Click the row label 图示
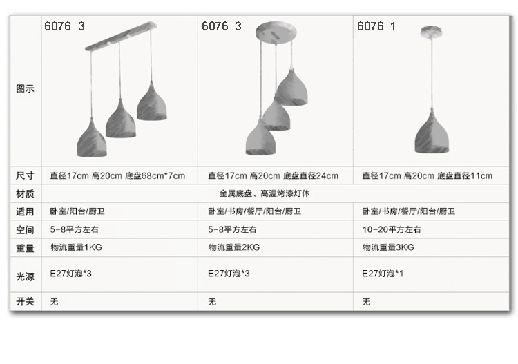(25, 89)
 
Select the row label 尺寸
(25, 175)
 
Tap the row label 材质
(25, 193)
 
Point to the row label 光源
(25, 276)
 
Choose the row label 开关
(25, 301)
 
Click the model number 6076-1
(376, 27)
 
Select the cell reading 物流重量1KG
(76, 247)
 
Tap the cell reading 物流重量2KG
(233, 247)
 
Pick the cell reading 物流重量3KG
(388, 247)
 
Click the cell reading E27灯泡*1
(383, 274)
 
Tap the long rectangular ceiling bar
(121, 37)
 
